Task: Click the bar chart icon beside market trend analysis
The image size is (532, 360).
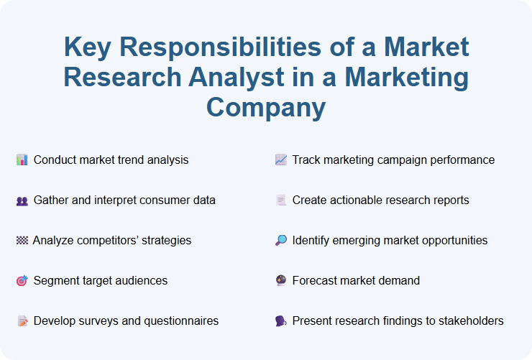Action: [x=22, y=160]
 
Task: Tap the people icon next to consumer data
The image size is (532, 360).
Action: [x=22, y=200]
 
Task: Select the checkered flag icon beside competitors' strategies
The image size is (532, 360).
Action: [x=22, y=241]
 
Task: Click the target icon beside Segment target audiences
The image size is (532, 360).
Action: [x=22, y=281]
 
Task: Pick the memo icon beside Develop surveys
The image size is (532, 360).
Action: [x=22, y=321]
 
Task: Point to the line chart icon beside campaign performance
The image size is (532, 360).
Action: [x=280, y=160]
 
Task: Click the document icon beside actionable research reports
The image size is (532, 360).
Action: [x=280, y=200]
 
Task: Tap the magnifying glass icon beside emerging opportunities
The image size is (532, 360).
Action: [x=280, y=241]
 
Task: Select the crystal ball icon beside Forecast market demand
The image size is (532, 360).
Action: [x=280, y=281]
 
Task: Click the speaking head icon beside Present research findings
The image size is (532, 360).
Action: [x=280, y=321]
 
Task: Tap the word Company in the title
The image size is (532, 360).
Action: [x=266, y=107]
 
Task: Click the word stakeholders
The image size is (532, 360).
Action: [x=470, y=320]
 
